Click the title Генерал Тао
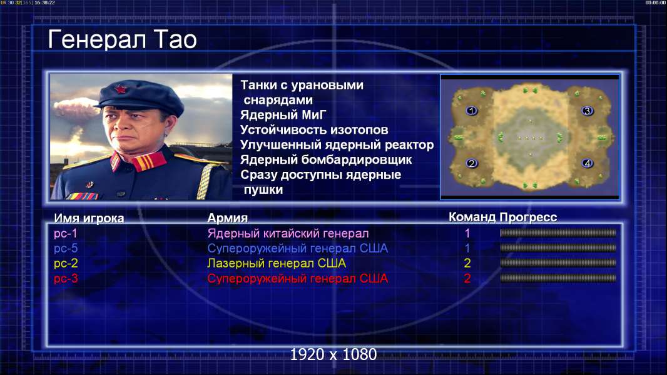point(122,39)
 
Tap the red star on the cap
point(120,89)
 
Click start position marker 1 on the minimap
point(471,111)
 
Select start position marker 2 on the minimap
point(471,163)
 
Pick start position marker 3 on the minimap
point(588,111)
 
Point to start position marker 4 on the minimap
point(588,163)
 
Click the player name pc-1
point(66,234)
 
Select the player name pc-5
point(66,249)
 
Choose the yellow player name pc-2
point(66,263)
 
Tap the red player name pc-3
point(66,279)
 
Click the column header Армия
point(227,218)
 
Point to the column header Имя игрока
point(89,218)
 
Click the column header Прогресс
point(528,217)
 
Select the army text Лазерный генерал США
point(277,263)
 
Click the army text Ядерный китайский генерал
point(288,234)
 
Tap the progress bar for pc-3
point(558,278)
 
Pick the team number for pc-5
point(467,249)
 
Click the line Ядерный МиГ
point(283,115)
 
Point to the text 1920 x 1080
point(333,354)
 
